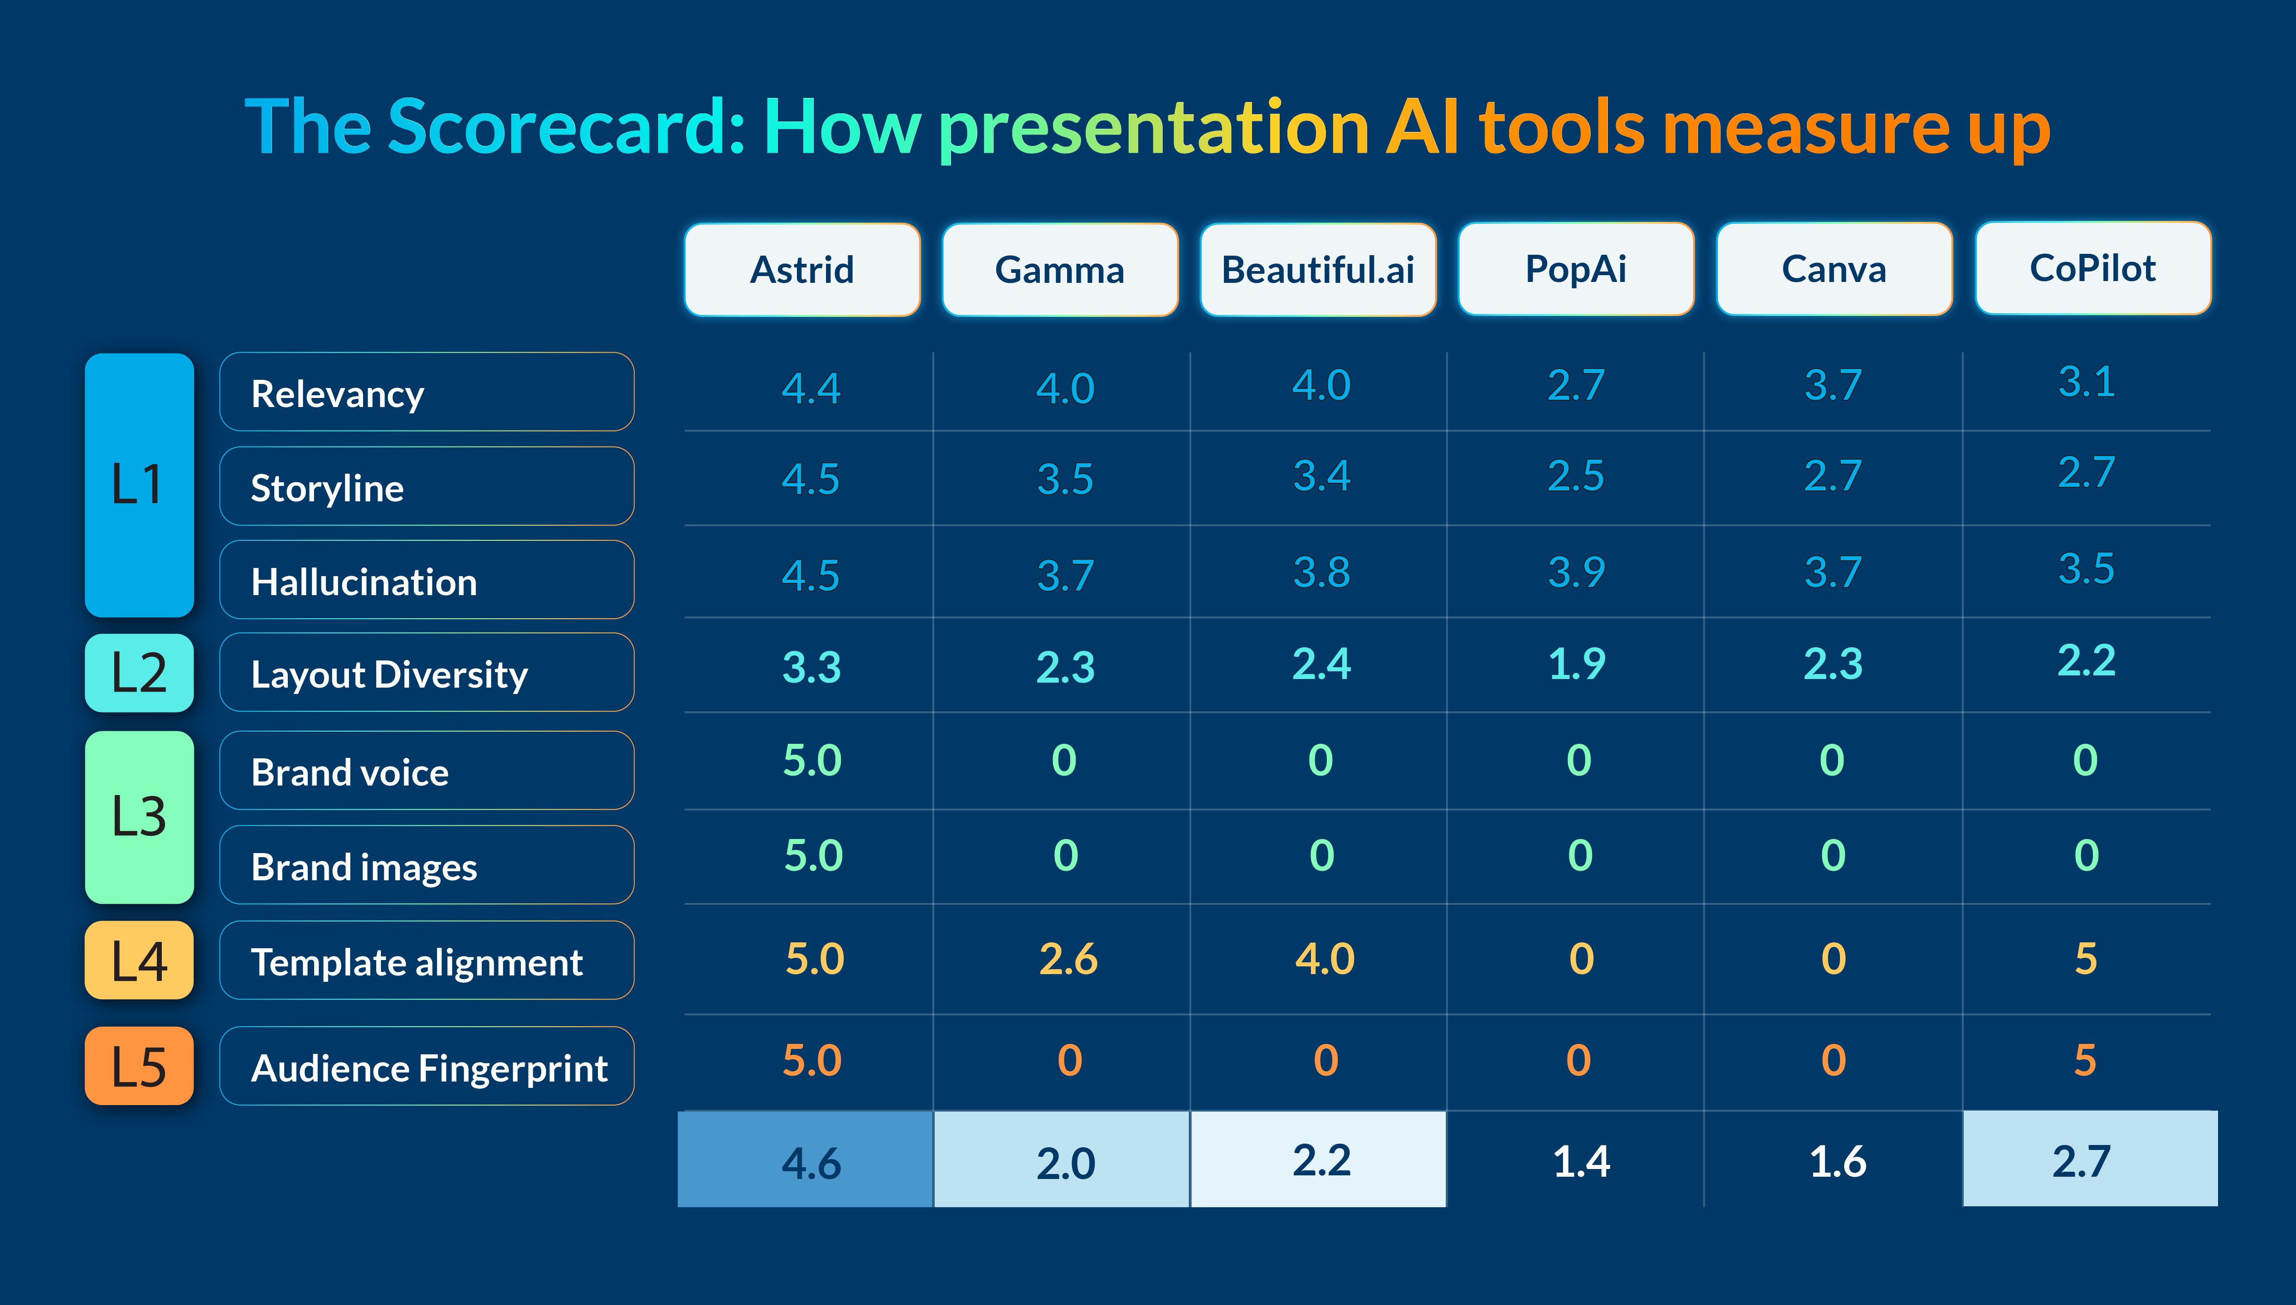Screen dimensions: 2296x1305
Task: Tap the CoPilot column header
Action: pos(2092,268)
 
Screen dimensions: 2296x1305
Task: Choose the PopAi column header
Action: pos(1576,269)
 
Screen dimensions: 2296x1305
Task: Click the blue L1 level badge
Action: pos(139,485)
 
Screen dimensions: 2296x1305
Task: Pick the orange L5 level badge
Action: pos(139,1066)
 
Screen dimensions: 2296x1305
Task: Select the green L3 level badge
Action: pos(139,816)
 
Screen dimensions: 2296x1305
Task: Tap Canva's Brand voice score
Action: pos(1832,760)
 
